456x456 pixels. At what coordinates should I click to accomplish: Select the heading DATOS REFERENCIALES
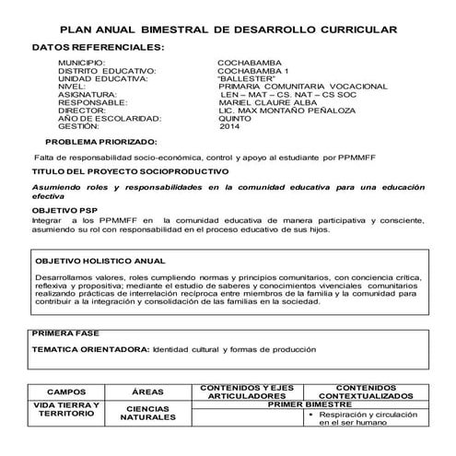pyautogui.click(x=99, y=46)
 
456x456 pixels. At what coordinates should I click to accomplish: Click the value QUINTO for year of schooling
pyautogui.click(x=238, y=119)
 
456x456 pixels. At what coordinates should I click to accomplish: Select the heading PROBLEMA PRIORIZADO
pyautogui.click(x=101, y=142)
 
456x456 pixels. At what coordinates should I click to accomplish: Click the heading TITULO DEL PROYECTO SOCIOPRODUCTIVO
pyautogui.click(x=130, y=172)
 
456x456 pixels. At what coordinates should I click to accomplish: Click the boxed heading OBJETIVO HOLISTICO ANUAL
pyautogui.click(x=99, y=262)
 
